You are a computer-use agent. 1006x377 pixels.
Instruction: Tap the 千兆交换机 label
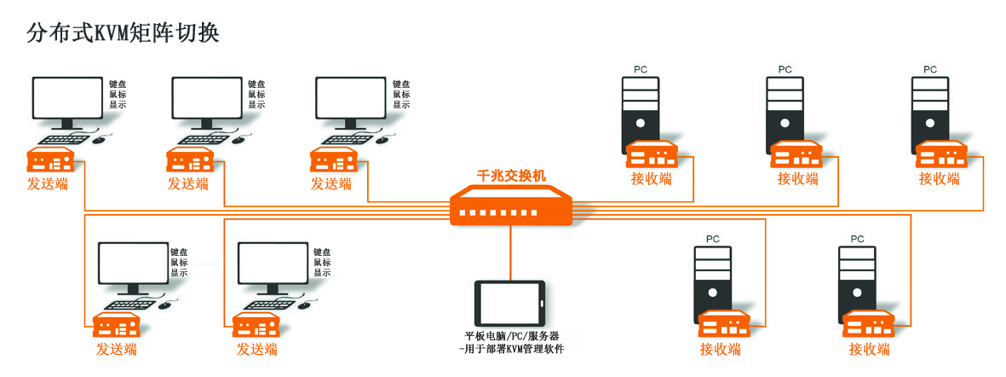[511, 174]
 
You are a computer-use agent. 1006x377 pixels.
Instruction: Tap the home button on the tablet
[541, 304]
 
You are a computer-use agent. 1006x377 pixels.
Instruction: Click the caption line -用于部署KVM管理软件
[511, 350]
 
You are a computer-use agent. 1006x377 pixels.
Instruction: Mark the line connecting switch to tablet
[511, 253]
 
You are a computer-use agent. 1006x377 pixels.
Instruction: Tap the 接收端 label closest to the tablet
[720, 350]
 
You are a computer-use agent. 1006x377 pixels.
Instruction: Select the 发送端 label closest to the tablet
[257, 350]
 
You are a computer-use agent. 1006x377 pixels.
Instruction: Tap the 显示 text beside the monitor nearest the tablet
[322, 272]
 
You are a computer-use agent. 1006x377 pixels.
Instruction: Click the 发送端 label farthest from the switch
[48, 183]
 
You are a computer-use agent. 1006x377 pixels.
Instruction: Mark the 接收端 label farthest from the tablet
[940, 178]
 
